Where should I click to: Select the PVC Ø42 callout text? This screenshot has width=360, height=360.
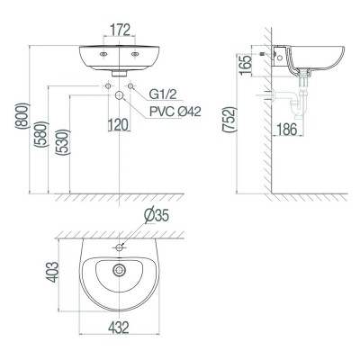click(176, 112)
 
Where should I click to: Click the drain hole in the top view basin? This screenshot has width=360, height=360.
click(119, 268)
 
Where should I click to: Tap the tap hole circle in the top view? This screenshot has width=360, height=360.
click(120, 247)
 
